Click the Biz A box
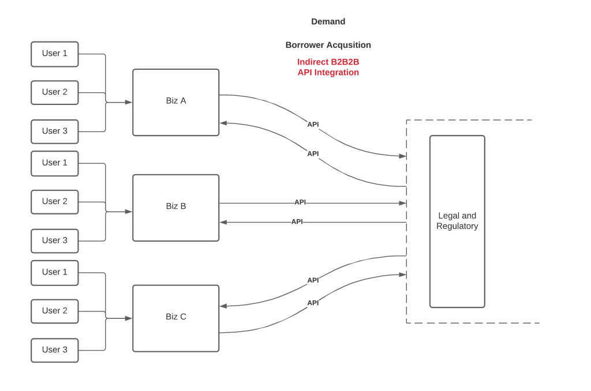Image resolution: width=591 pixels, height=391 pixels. [175, 102]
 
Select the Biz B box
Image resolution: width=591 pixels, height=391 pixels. [175, 208]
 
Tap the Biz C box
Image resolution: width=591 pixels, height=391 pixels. [175, 318]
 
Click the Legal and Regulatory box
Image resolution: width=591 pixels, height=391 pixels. [457, 221]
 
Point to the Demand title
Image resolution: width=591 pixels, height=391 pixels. [328, 21]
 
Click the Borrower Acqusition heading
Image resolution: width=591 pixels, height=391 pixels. [328, 45]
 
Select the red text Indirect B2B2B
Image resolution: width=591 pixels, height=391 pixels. [328, 62]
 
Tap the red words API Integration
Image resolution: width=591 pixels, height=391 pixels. [328, 73]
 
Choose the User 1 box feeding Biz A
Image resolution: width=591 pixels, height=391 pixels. [55, 54]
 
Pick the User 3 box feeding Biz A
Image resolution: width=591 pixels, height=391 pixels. [55, 131]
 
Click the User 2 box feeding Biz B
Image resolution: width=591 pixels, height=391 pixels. [55, 202]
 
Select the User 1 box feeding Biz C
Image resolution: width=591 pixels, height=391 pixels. [55, 272]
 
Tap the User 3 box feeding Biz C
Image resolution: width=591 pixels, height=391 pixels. [55, 350]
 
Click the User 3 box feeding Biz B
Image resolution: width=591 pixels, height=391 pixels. [55, 240]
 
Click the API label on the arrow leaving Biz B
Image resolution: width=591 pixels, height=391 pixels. [300, 202]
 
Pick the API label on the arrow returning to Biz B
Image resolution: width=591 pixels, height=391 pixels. [297, 222]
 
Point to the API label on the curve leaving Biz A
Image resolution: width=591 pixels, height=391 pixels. [313, 125]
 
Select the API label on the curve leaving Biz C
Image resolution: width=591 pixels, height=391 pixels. [313, 303]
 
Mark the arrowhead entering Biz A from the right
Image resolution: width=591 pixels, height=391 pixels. [223, 123]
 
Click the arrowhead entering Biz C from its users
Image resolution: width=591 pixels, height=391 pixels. [129, 318]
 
